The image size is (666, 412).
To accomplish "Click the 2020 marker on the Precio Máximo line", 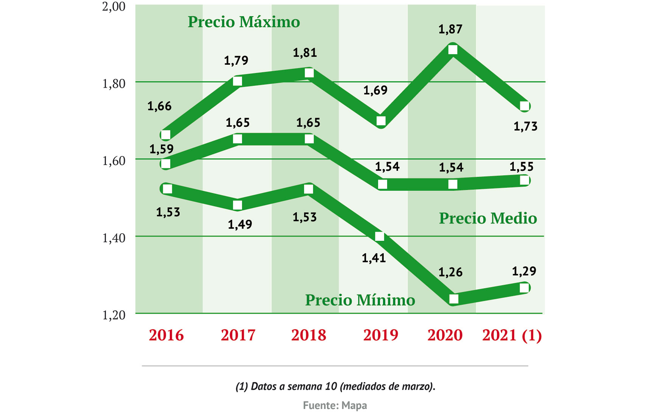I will [x=453, y=50].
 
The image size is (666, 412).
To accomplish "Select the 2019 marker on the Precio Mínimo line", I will [x=380, y=237].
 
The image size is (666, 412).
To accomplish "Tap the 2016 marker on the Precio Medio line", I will [x=166, y=164].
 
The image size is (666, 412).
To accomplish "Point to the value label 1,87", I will [x=450, y=30].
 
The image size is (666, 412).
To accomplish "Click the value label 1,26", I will [x=450, y=272].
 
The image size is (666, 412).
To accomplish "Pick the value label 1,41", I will [x=374, y=258].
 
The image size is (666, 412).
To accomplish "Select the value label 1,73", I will [x=525, y=126].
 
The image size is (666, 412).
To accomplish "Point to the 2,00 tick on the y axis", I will [x=114, y=7].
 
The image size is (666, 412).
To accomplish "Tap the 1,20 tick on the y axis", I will [x=114, y=315].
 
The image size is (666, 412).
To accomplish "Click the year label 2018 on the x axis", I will [x=308, y=335].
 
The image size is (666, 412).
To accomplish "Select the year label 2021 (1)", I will [x=512, y=335].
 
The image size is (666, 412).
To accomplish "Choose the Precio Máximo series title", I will [x=244, y=22].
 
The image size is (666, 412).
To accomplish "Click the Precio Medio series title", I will [x=488, y=218].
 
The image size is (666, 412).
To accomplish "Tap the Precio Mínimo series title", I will [x=360, y=300].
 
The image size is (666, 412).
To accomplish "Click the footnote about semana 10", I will [x=335, y=387].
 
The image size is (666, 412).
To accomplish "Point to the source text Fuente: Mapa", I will [x=335, y=406].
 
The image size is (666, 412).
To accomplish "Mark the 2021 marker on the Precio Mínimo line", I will [x=524, y=288].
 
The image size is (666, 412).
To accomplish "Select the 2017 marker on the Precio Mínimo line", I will [x=238, y=205].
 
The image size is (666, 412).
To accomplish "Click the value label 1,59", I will [x=161, y=149].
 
